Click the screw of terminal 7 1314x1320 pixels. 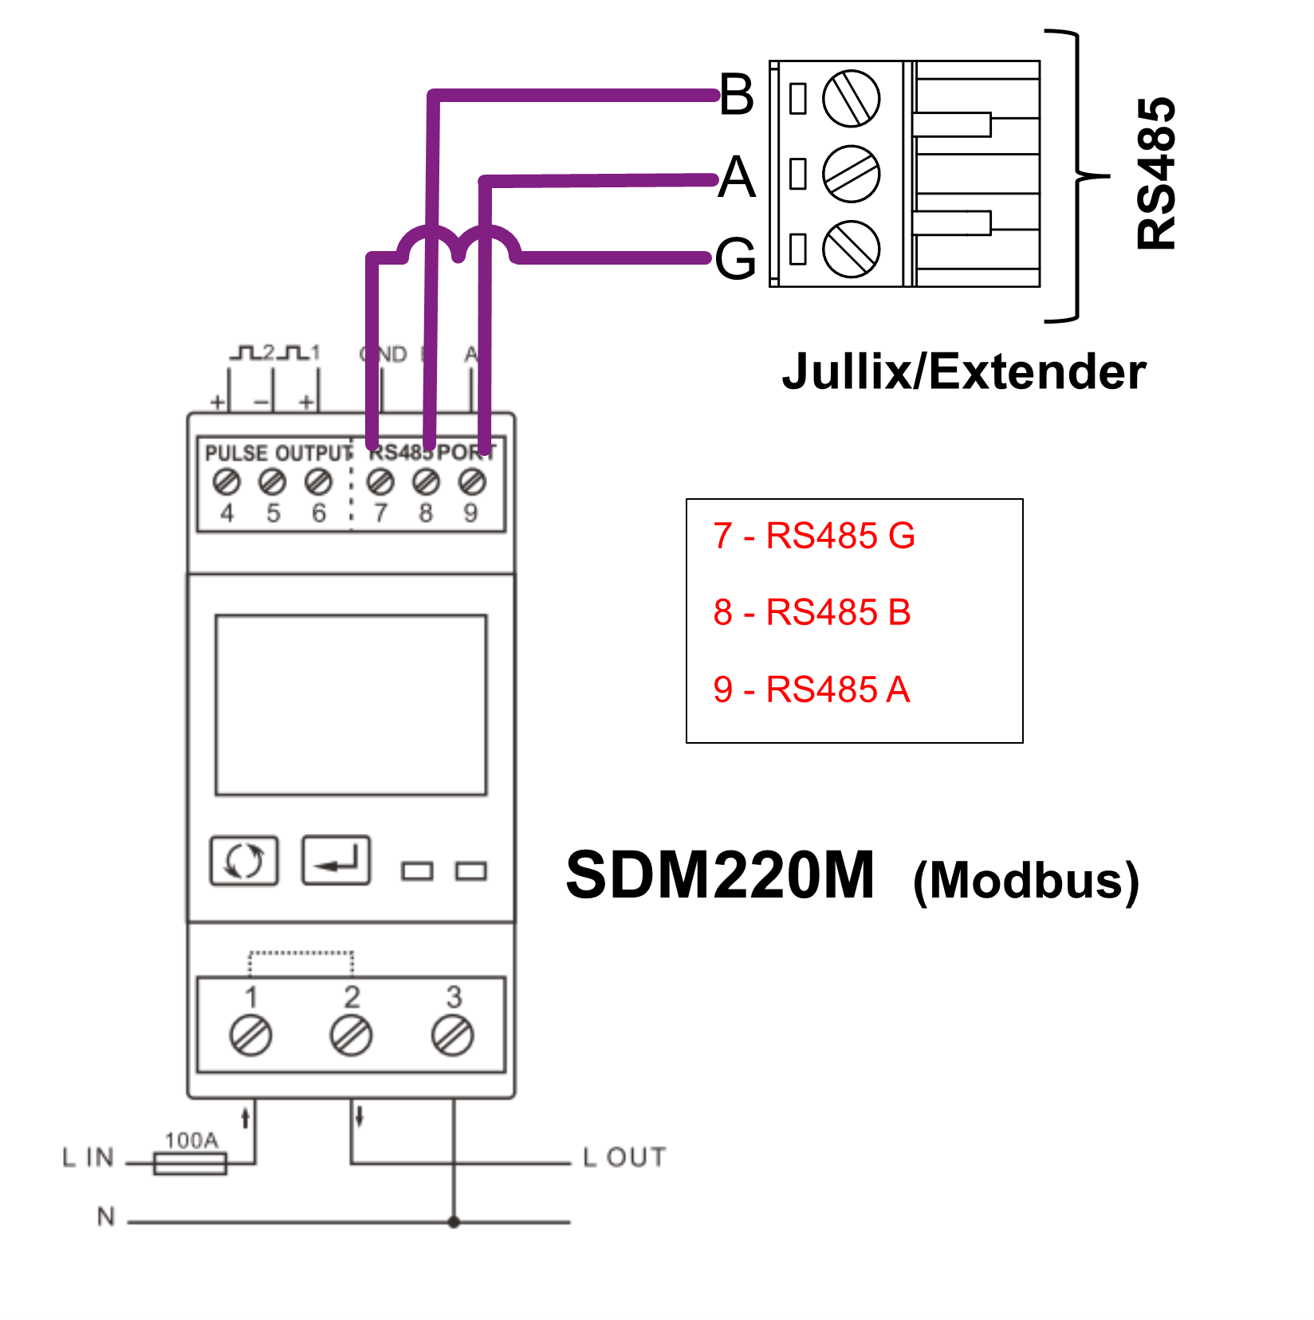380,482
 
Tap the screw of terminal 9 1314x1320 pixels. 472,482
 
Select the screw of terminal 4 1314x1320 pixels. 226,482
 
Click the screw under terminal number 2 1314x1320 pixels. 351,1035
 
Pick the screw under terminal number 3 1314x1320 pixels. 453,1035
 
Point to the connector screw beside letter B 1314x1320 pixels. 851,99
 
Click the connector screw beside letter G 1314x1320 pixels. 851,249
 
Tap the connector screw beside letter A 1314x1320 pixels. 851,174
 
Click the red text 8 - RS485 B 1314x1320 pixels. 812,613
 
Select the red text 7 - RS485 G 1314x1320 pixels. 813,536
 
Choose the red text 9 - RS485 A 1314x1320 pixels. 811,689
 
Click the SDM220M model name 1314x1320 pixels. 720,875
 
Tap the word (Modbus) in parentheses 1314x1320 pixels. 1026,882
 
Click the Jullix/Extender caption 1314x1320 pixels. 963,372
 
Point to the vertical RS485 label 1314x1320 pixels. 1156,174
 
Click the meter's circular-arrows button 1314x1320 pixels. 244,861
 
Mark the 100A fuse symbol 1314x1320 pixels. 190,1164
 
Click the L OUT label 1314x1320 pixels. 624,1157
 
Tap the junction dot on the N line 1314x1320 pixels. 454,1221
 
